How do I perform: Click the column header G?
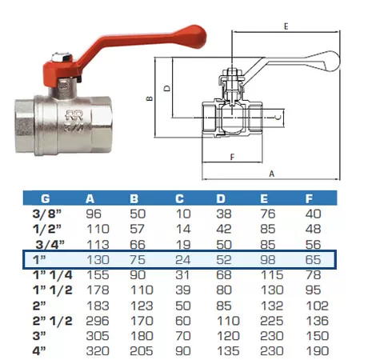(46, 198)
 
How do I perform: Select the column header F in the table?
(309, 198)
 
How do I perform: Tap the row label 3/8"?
(46, 214)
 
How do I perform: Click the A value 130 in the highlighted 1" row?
(98, 260)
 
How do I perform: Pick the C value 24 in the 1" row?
(183, 260)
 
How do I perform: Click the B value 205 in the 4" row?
(142, 351)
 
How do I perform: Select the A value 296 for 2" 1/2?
(98, 321)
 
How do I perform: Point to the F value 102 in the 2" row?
(317, 306)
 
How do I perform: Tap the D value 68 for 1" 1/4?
(224, 275)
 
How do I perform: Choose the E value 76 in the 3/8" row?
(268, 214)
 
